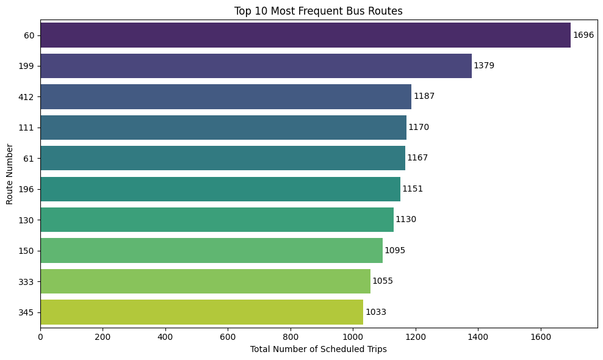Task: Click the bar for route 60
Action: point(305,35)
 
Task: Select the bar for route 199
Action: point(256,66)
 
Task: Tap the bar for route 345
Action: point(201,312)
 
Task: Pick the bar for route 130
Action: point(217,220)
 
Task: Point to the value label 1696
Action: point(583,35)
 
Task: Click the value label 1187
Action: point(424,96)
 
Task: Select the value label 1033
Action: point(375,312)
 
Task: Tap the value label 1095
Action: point(395,251)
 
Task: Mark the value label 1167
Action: point(417,158)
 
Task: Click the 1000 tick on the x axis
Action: point(353,336)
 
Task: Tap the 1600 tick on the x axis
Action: point(541,336)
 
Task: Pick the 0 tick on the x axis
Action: point(40,336)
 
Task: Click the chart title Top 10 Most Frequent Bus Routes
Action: point(318,10)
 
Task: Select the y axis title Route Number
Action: point(10,174)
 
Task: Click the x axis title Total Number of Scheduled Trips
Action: point(318,349)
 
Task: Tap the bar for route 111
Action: point(223,128)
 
